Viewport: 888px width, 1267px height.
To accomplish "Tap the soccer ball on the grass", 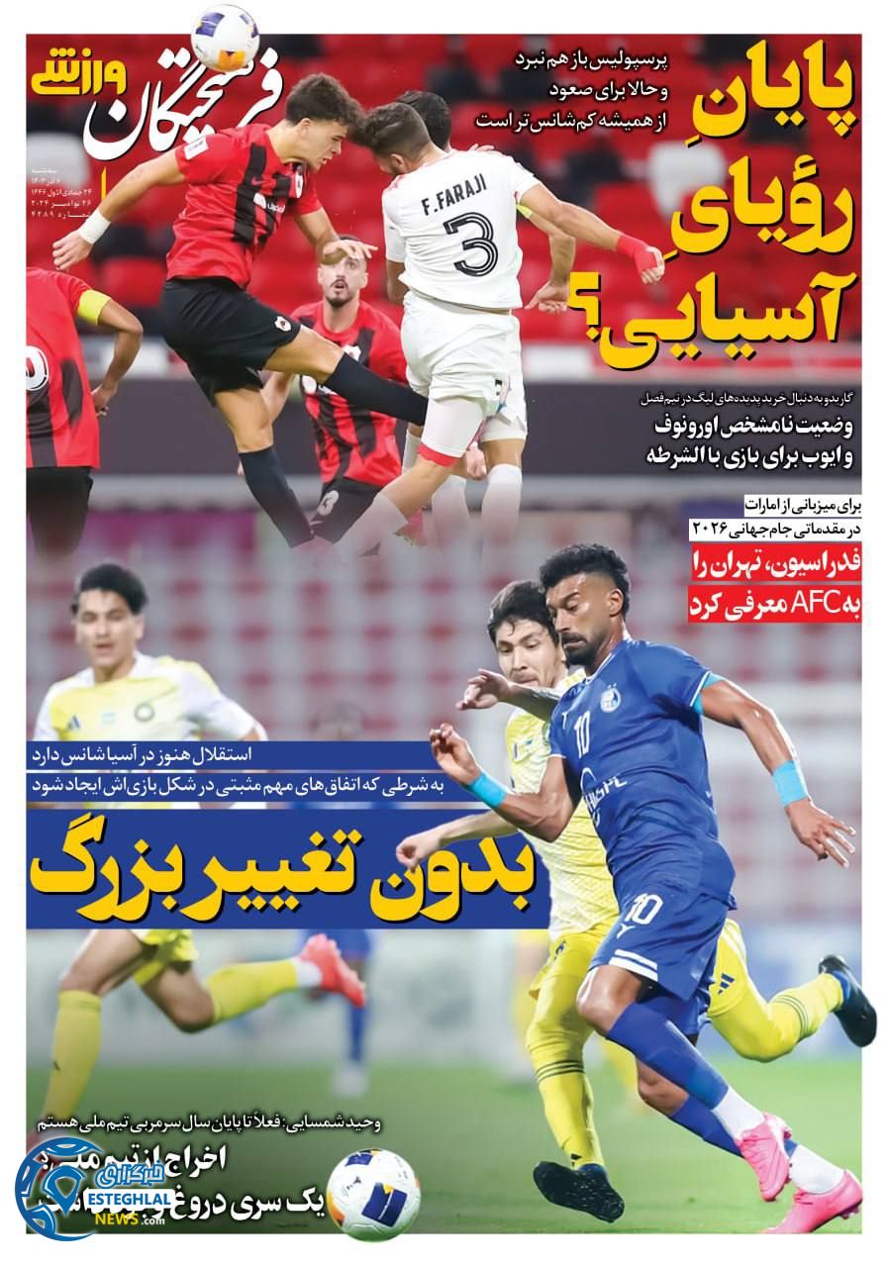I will point(372,1194).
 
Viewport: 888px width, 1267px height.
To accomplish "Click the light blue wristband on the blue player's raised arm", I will point(789,782).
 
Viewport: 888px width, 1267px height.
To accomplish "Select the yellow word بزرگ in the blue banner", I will point(117,867).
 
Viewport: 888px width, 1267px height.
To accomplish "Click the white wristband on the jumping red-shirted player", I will point(95,226).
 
